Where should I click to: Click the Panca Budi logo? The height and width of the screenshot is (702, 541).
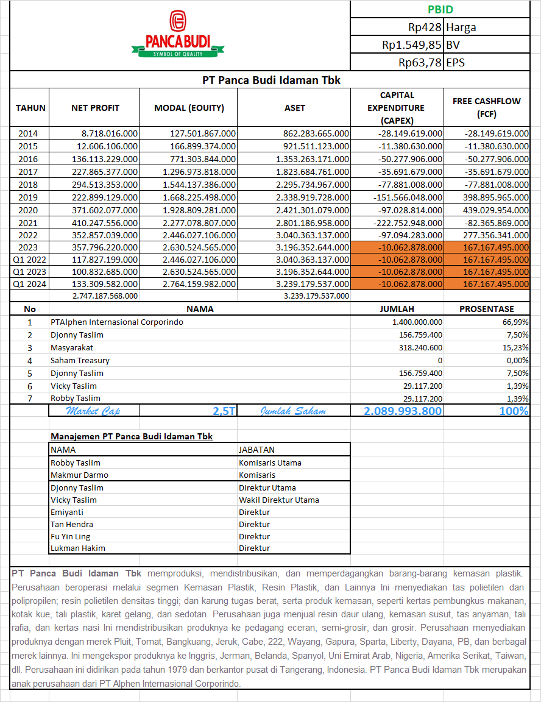(177, 35)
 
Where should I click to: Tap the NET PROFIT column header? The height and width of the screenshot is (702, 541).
(95, 108)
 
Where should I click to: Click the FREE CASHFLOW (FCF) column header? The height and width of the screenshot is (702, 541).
(486, 107)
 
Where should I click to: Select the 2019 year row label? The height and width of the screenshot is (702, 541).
(28, 197)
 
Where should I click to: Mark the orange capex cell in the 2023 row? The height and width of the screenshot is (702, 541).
(397, 247)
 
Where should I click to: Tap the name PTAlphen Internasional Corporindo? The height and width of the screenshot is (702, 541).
(117, 322)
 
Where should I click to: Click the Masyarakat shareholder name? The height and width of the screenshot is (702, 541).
(72, 347)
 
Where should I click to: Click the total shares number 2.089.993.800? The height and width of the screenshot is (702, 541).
(403, 411)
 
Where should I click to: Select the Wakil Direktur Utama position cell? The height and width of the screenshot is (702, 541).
(278, 500)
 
